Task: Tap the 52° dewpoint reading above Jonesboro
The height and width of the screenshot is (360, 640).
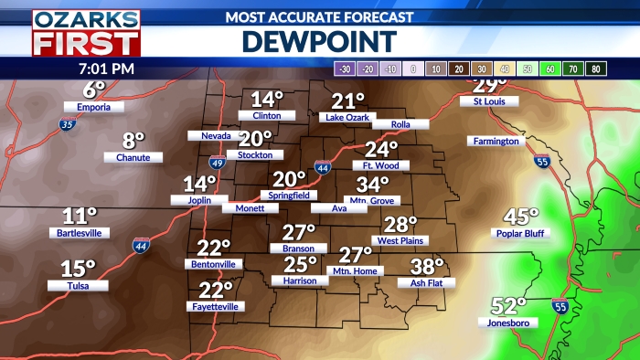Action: tap(509, 305)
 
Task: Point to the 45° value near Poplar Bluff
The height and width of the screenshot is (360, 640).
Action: tap(522, 217)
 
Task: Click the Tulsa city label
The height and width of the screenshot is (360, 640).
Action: tap(79, 285)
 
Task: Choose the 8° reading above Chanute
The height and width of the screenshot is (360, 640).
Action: tap(134, 141)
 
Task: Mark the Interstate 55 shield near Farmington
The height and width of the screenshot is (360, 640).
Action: tap(542, 161)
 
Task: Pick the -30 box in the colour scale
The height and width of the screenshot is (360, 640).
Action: tap(346, 69)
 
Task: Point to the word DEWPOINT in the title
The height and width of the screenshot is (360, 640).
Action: tap(319, 41)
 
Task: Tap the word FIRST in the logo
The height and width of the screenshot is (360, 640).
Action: tap(86, 42)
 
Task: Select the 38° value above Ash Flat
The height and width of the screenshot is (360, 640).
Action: tap(427, 266)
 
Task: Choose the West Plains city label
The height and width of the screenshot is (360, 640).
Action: tap(399, 240)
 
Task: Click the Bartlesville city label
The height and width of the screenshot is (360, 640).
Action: tap(80, 233)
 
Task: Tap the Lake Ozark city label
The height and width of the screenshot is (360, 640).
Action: tap(347, 118)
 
